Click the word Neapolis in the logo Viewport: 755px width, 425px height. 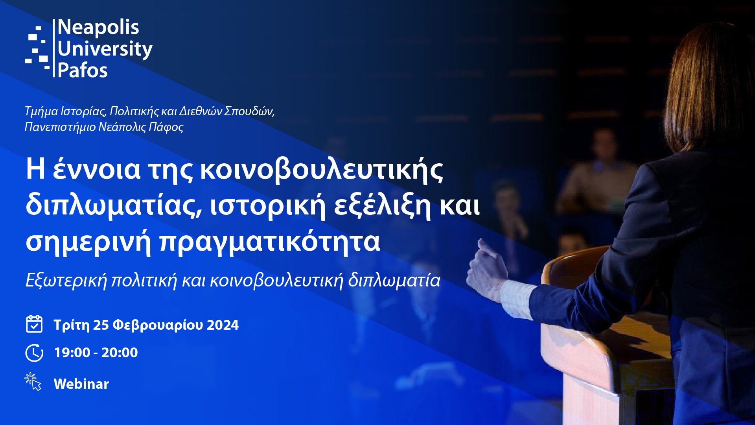pos(98,28)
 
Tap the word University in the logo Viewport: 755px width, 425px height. pos(105,50)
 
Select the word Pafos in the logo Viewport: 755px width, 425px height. pos(83,71)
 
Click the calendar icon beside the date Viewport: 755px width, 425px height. pos(34,324)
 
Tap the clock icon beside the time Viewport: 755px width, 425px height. pos(34,353)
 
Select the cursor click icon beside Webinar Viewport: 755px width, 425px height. pos(33,382)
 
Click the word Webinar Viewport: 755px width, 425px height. pos(81,384)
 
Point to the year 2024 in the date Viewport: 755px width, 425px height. pos(223,325)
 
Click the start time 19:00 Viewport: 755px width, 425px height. pos(72,353)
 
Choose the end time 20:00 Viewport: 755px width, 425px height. pos(120,353)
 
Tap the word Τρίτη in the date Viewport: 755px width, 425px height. pos(72,325)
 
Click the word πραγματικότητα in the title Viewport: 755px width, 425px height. pos(270,241)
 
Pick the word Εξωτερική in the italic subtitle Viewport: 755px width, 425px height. pos(66,281)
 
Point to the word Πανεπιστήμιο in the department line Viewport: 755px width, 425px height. pos(60,127)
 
